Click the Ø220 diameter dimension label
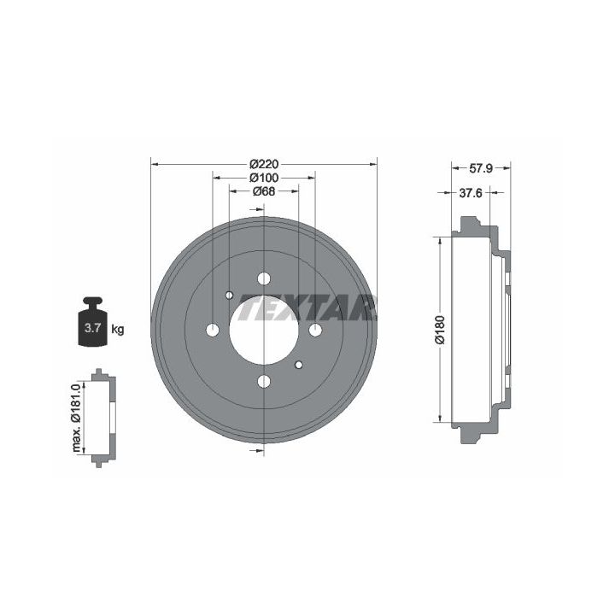[x=264, y=164]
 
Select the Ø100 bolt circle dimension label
[x=264, y=178]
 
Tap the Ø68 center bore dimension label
[x=264, y=191]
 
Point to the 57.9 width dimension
[x=481, y=168]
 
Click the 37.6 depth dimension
[x=471, y=192]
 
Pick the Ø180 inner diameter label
[x=440, y=330]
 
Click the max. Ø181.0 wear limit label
[x=76, y=418]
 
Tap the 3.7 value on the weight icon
[x=93, y=328]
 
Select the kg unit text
[x=117, y=330]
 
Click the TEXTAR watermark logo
[x=307, y=307]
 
